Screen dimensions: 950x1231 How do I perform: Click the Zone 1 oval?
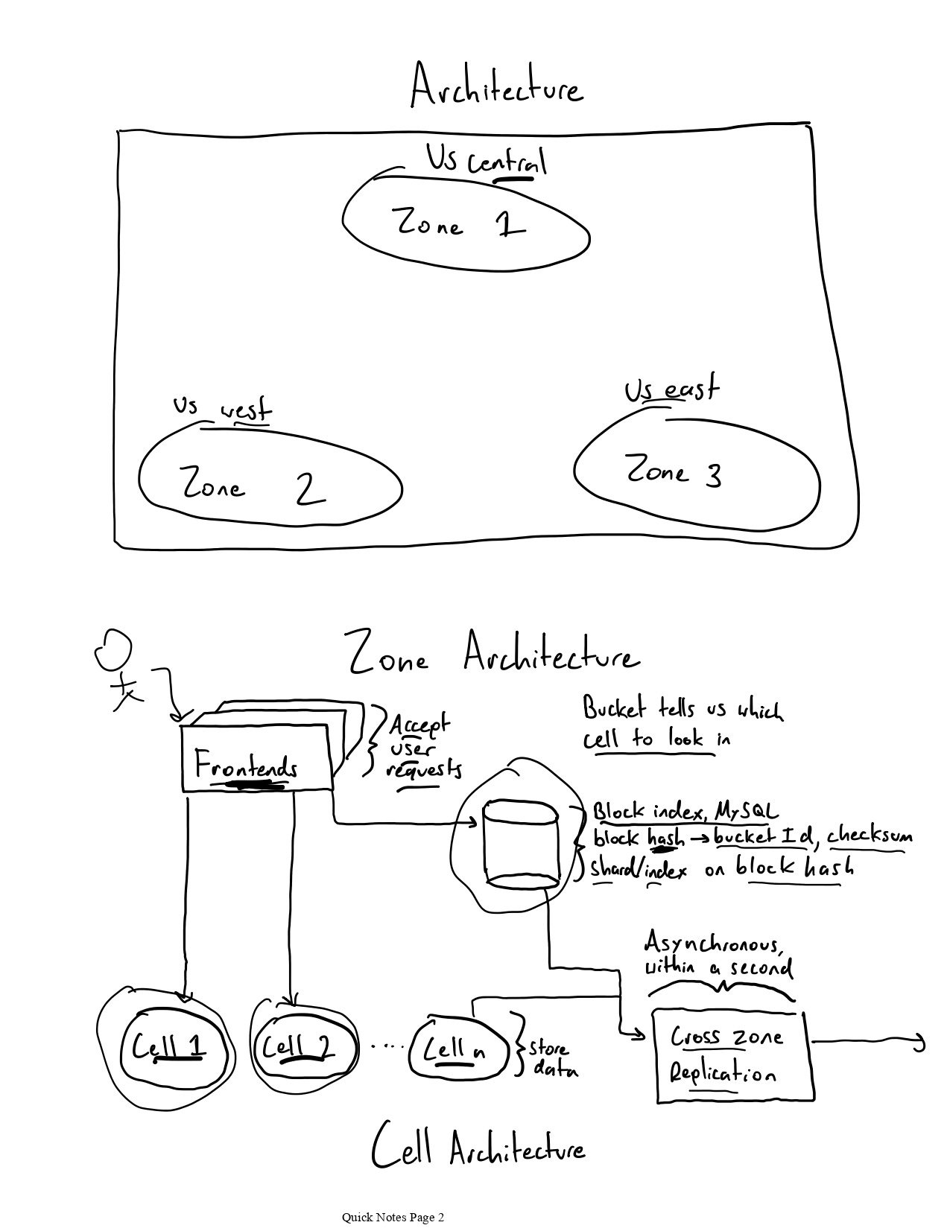[x=466, y=223]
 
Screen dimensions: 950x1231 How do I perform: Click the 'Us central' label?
[x=486, y=161]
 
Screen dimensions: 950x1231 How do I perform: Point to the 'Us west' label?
[x=223, y=408]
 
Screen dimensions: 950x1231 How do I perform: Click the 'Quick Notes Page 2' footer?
[x=393, y=1217]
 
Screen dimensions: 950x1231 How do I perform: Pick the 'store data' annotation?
[x=552, y=1059]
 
